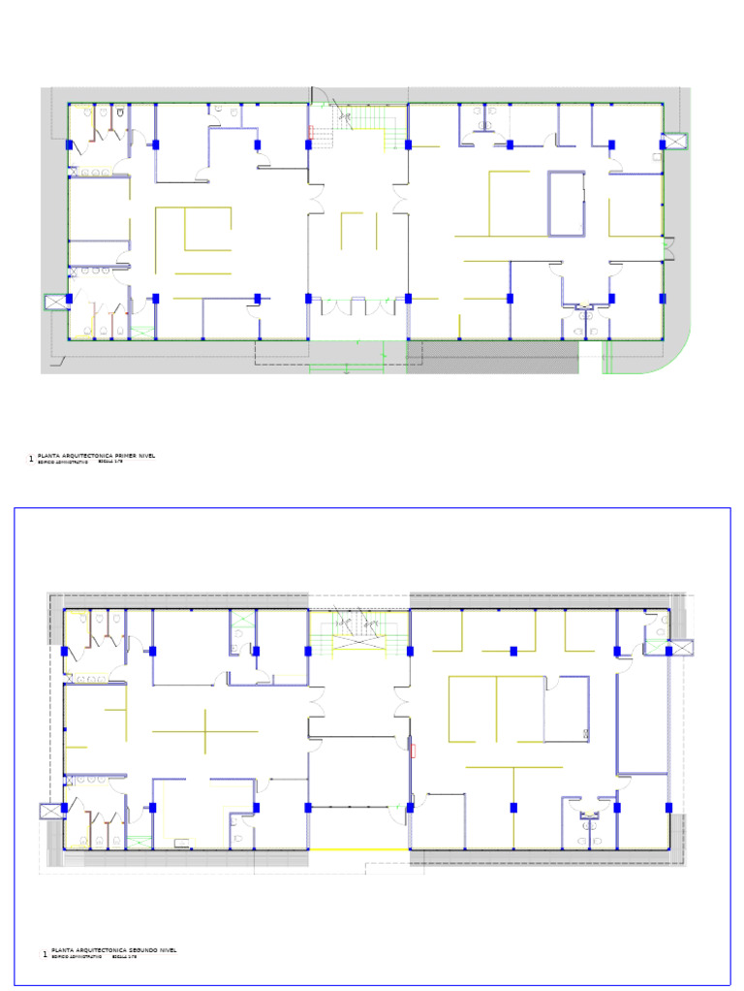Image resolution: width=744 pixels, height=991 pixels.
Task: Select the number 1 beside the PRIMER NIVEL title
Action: point(31,458)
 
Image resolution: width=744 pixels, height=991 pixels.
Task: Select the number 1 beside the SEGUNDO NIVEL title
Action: point(44,954)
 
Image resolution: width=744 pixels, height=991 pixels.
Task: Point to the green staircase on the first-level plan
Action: point(368,121)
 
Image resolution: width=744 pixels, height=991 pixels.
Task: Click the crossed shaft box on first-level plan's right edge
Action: point(674,141)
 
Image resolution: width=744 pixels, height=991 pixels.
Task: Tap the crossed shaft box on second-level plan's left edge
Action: point(48,811)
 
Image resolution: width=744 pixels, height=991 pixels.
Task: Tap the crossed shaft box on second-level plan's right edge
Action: point(682,648)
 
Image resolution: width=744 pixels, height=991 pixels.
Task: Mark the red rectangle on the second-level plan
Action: point(414,750)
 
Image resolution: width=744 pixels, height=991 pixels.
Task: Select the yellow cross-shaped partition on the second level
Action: point(205,730)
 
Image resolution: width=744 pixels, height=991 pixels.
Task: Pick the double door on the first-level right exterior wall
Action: point(667,248)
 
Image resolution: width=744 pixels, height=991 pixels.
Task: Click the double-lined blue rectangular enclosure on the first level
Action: point(567,204)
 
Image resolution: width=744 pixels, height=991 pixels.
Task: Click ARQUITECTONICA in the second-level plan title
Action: point(89,950)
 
